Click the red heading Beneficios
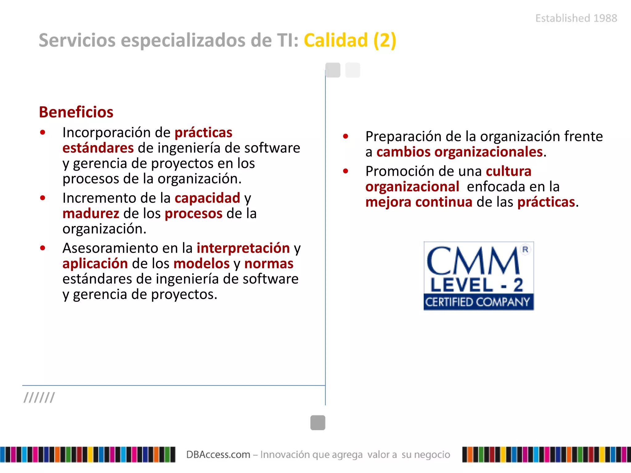(76, 112)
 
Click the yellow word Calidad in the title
(336, 40)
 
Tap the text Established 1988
(576, 18)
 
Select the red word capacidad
(207, 198)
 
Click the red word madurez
(91, 213)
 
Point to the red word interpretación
(243, 248)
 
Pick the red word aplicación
(95, 264)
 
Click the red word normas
(269, 264)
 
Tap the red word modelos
(202, 264)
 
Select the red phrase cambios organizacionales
(459, 152)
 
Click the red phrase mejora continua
(419, 202)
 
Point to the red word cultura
(508, 171)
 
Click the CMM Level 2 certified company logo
(478, 276)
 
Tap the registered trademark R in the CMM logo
(525, 249)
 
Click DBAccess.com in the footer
(218, 455)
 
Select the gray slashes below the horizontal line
(39, 397)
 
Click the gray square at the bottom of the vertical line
(318, 422)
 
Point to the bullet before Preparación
(345, 136)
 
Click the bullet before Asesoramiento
(43, 248)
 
